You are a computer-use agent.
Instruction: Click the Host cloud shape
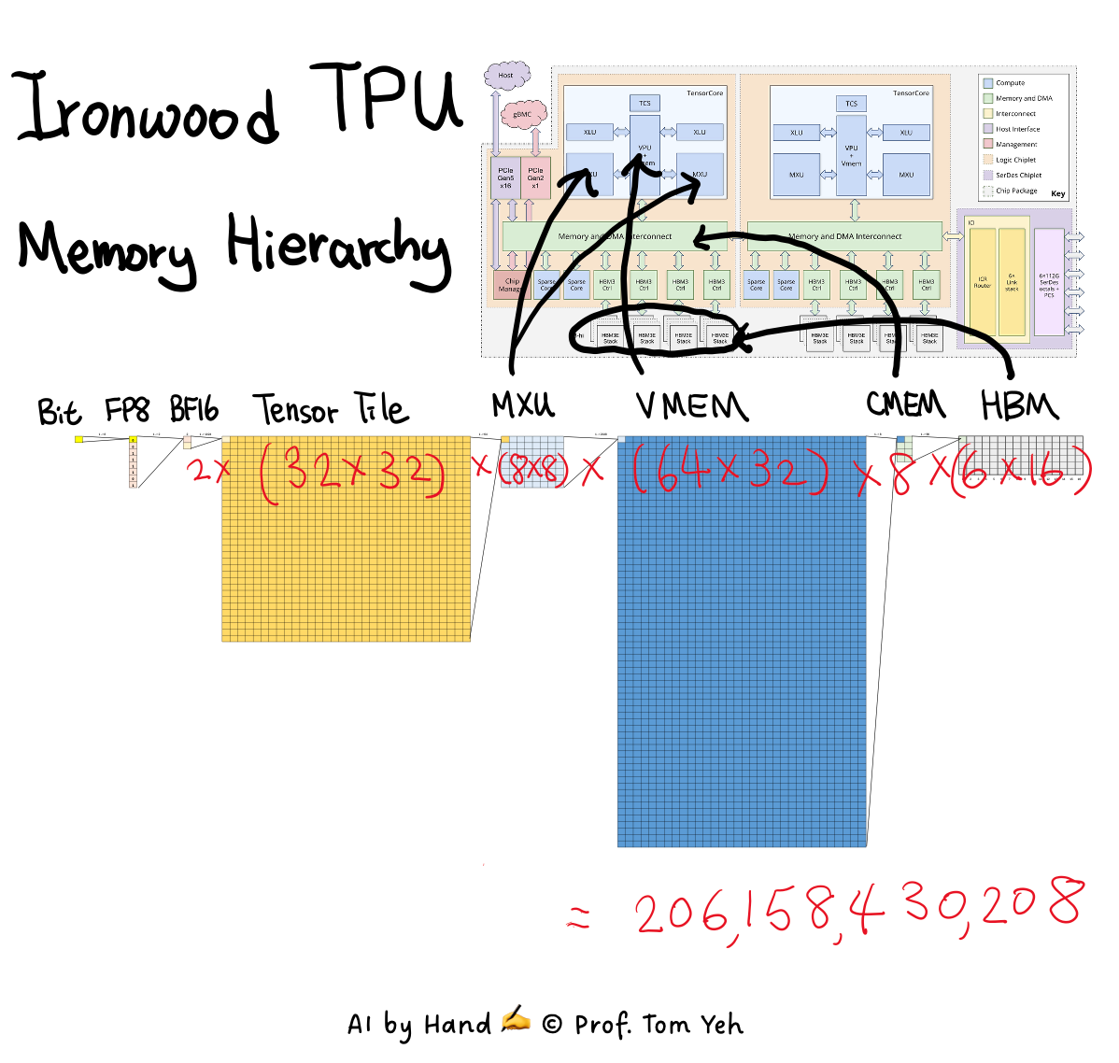pos(506,76)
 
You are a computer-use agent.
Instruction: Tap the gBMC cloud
pos(522,115)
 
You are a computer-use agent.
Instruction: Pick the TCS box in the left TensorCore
pos(644,103)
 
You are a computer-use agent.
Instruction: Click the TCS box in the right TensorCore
pos(851,103)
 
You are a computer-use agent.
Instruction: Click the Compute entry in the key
pos(1010,83)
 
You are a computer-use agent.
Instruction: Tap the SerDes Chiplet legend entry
pos(1017,176)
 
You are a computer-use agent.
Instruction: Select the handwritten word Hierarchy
pos(339,247)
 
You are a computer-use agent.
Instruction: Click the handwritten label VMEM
pos(691,406)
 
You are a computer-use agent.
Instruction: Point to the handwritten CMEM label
pos(905,404)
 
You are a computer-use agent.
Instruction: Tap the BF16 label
pos(194,410)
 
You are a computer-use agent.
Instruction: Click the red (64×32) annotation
pos(729,470)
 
